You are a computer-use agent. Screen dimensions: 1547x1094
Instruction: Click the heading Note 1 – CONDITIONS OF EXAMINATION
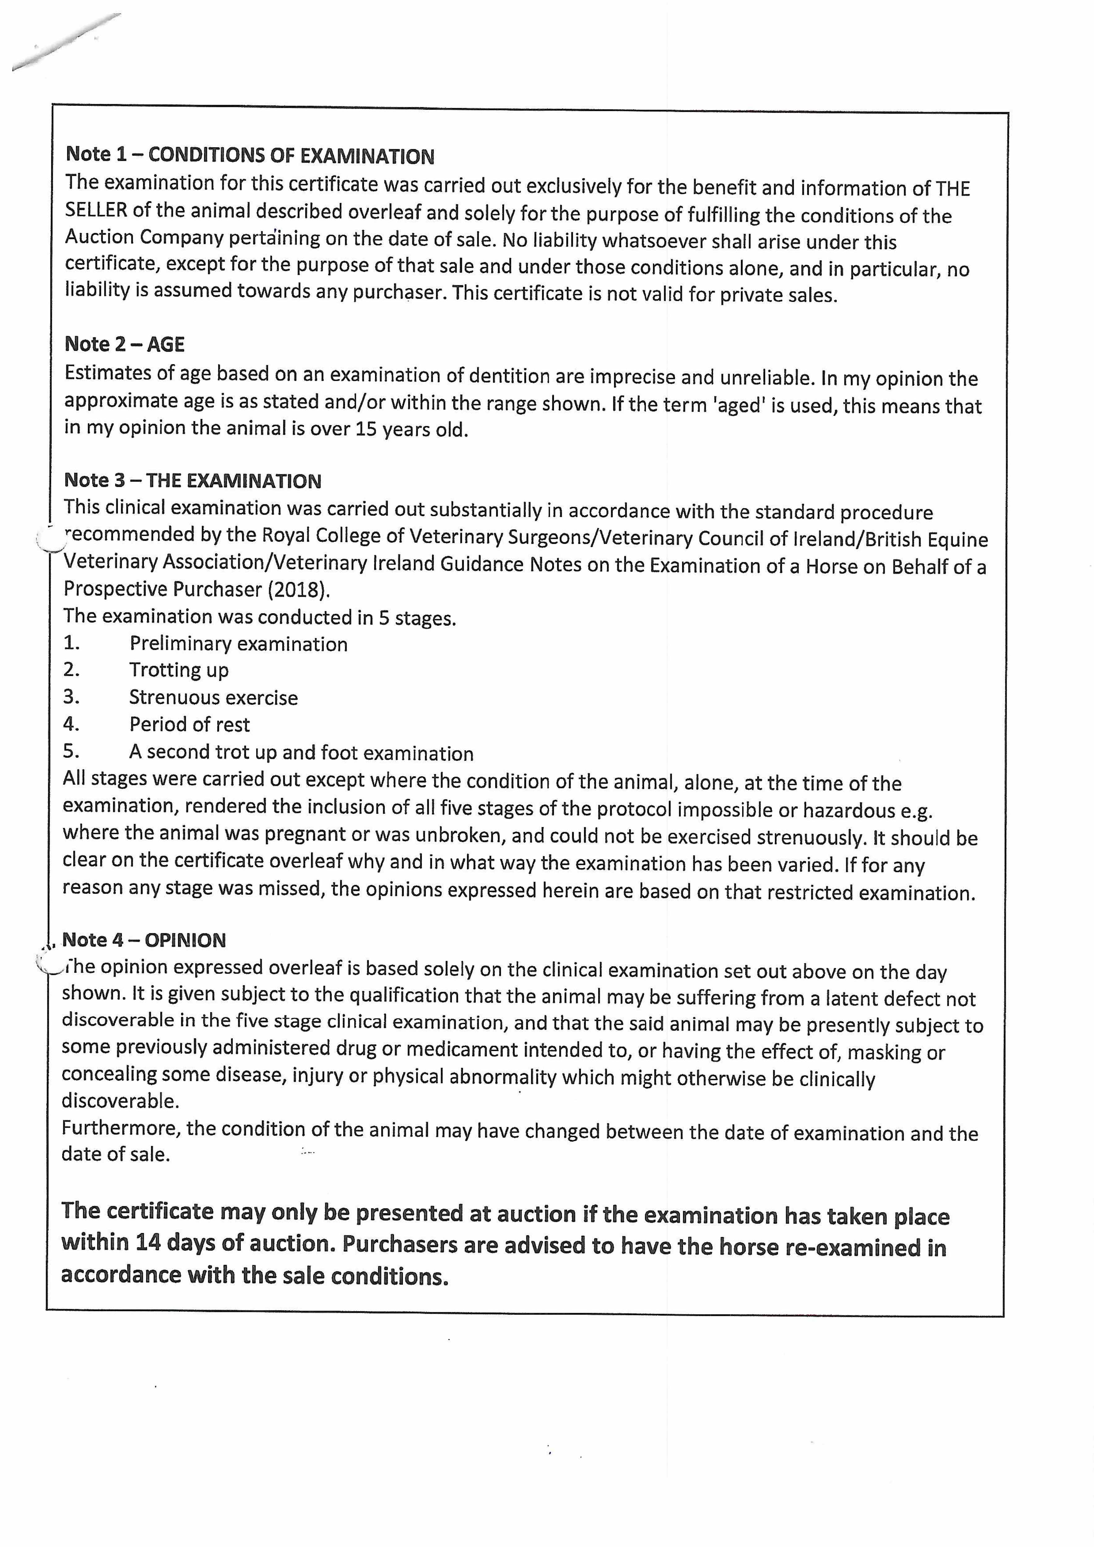tap(249, 156)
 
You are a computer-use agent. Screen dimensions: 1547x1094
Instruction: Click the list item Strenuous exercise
tap(213, 697)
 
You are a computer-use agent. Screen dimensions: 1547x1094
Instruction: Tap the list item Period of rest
tap(189, 724)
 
